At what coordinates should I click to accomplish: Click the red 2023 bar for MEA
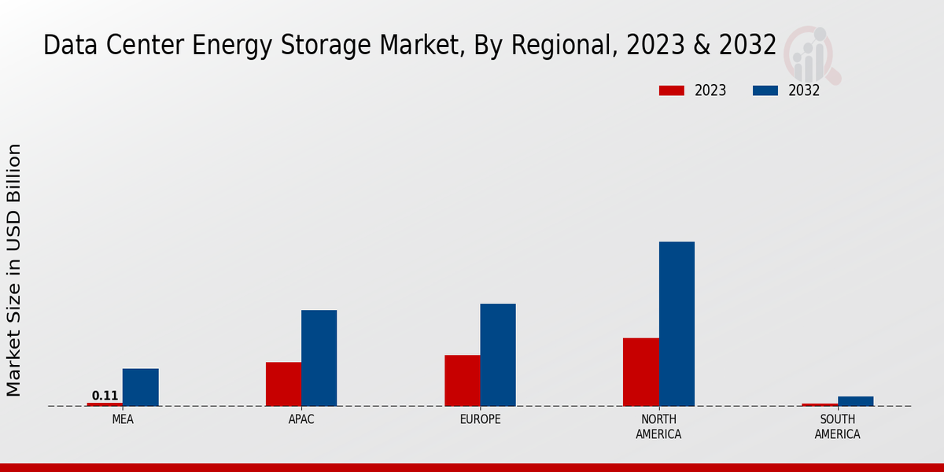(105, 404)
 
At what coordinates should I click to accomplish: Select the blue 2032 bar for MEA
(140, 387)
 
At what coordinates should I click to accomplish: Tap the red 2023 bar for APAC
(283, 384)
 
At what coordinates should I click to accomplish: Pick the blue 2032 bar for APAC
(319, 358)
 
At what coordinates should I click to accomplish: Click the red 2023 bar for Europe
(462, 381)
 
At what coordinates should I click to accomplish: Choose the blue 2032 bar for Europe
(498, 355)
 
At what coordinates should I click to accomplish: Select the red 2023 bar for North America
(640, 372)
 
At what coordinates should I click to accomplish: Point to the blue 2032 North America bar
(677, 323)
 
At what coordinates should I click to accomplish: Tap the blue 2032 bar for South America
(855, 401)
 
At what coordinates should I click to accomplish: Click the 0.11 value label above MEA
(105, 396)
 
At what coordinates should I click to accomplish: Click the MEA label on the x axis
(123, 419)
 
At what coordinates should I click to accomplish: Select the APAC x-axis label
(301, 419)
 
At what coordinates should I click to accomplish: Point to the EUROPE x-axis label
(480, 419)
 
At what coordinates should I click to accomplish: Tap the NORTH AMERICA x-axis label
(658, 426)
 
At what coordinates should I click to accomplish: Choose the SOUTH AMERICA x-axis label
(837, 426)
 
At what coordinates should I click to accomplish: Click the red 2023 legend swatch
(671, 90)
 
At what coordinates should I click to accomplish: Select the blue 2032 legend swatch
(765, 90)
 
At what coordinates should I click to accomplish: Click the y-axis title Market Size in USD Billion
(14, 270)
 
